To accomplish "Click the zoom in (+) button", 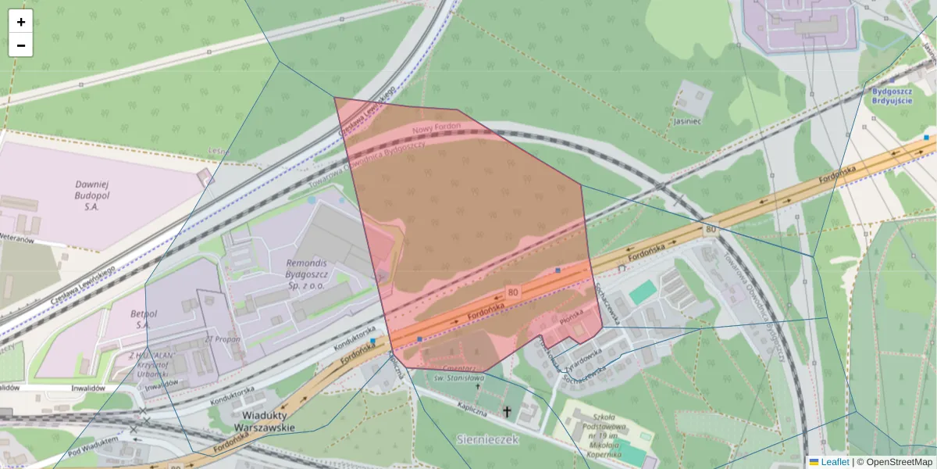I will [x=21, y=22].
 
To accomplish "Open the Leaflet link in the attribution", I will [x=835, y=462].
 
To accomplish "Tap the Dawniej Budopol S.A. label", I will [x=91, y=195].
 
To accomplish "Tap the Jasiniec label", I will [x=686, y=121].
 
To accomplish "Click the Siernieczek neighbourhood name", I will [x=486, y=440].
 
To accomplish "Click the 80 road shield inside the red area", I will [x=512, y=292].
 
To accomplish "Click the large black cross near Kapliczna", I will [x=507, y=411].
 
